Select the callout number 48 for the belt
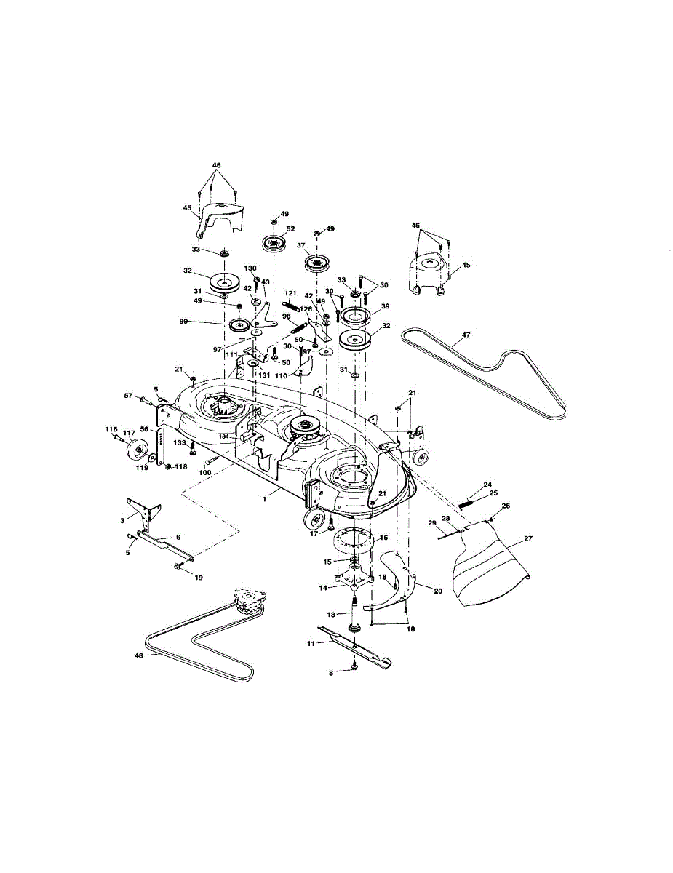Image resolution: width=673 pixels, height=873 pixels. [138, 654]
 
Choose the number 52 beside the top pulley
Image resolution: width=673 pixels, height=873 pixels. [291, 228]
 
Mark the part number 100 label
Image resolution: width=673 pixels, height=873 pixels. [204, 473]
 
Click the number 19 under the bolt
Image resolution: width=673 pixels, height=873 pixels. [198, 578]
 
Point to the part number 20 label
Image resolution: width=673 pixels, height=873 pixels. [437, 591]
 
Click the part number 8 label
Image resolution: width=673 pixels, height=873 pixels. [331, 674]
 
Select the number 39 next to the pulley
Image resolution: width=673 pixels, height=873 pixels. [385, 306]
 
